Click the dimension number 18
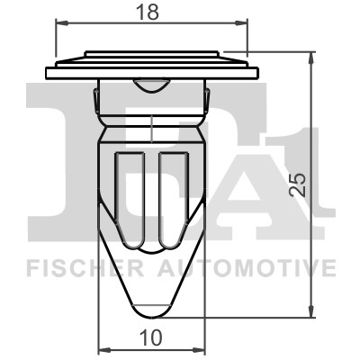coord(147,13)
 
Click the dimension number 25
coord(299,184)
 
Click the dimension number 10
coord(151,337)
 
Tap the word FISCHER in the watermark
coord(85,268)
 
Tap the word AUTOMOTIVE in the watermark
coord(247,268)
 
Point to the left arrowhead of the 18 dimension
coord(62,23)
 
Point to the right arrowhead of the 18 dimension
coord(241,23)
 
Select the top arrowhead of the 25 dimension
coord(311,58)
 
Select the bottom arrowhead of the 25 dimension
coord(311,310)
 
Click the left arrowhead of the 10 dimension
coord(105,350)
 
